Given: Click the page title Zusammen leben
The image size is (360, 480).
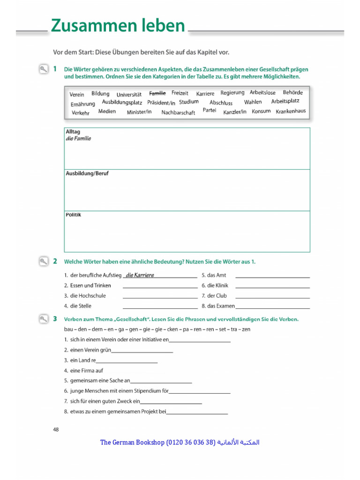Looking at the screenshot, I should click(x=118, y=26).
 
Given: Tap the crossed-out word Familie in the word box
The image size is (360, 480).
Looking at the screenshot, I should click(x=157, y=93).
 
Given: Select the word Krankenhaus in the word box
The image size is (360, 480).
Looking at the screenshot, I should click(x=291, y=111).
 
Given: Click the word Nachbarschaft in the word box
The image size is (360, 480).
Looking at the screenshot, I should click(x=178, y=112).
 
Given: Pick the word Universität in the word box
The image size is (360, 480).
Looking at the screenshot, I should click(x=129, y=95).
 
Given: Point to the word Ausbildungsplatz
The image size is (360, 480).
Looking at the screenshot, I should click(x=122, y=102).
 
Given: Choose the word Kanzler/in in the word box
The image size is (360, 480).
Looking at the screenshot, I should click(x=234, y=112).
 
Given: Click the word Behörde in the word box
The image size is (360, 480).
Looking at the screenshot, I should click(x=292, y=93).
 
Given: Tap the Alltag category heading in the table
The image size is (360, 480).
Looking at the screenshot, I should click(x=73, y=132).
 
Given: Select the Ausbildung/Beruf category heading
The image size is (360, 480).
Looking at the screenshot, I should click(x=87, y=173).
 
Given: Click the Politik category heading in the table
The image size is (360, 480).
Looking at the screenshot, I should click(x=74, y=215).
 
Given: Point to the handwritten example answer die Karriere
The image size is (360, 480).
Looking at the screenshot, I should click(x=140, y=275).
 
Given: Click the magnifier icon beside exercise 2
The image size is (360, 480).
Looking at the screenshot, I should click(x=43, y=261).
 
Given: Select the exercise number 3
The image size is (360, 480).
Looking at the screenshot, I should click(x=55, y=319).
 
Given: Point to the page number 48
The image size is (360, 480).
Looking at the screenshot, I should click(x=56, y=429).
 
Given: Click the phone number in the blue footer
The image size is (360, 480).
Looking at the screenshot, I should click(x=190, y=442).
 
